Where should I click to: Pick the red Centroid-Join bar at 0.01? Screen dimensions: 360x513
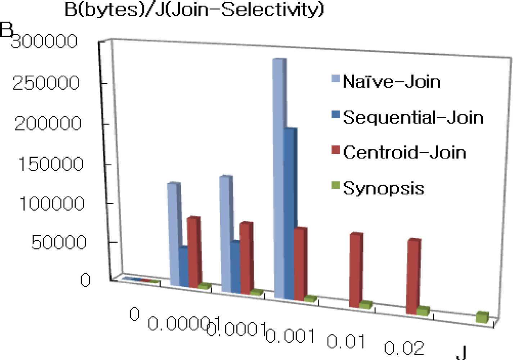click(355, 270)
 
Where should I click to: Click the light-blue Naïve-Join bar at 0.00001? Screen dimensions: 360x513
click(174, 234)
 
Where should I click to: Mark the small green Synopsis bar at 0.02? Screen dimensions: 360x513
click(423, 311)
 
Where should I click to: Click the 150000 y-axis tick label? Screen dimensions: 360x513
click(51, 164)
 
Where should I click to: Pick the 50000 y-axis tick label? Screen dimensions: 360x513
click(59, 242)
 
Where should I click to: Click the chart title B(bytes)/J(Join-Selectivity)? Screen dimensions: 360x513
click(194, 10)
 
